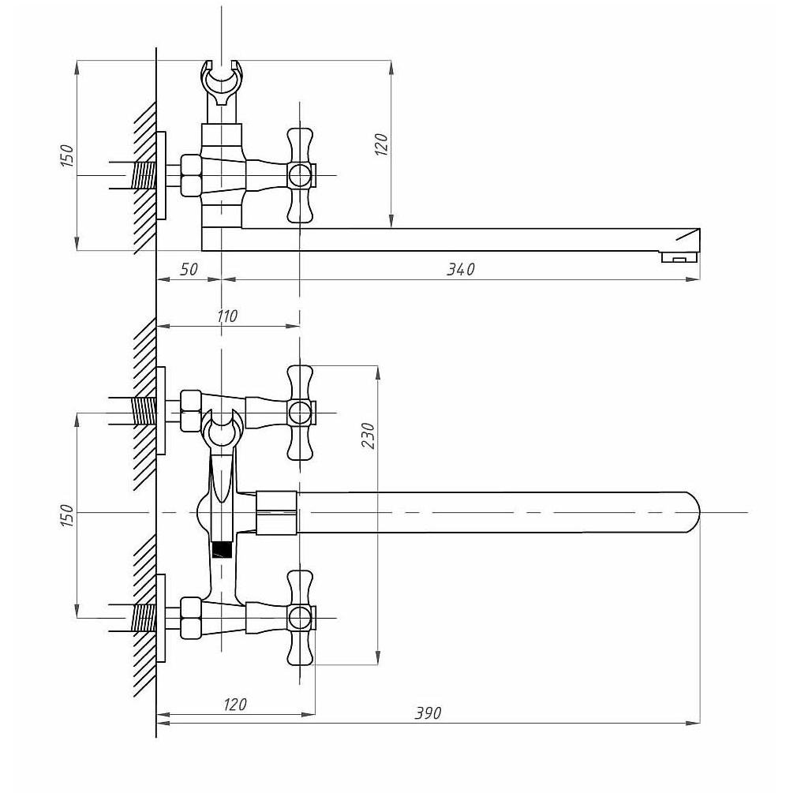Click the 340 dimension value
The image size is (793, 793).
pos(460,269)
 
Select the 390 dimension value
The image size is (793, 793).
pos(428,713)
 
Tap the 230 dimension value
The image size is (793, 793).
pos(368,435)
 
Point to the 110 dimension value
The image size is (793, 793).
pos(226,316)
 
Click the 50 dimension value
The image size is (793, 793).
pos(189,269)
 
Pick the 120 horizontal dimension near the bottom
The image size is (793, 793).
pos(234,705)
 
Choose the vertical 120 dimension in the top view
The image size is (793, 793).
pos(382,144)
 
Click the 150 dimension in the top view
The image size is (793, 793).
pos(67,155)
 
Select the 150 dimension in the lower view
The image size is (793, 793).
pos(67,514)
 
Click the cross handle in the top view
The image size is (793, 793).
pos(301,175)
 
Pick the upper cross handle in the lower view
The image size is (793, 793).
pos(301,413)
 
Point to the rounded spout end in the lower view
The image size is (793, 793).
pos(691,512)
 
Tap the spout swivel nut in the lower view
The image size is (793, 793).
pos(276,512)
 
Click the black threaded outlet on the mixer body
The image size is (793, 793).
pos(222,550)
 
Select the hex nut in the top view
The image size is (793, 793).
pos(191,175)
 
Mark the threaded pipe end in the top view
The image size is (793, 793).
pos(144,175)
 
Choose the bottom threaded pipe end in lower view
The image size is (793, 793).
pos(144,618)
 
